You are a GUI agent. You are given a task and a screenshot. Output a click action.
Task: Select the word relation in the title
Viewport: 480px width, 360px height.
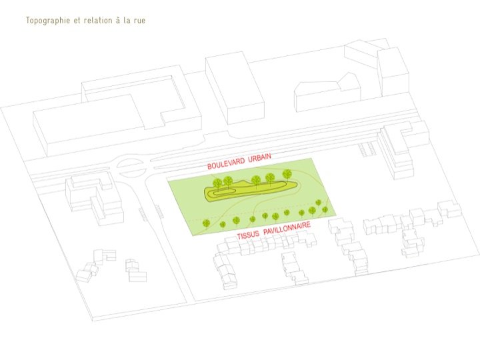(98, 20)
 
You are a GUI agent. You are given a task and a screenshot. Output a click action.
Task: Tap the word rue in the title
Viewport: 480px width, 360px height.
(139, 21)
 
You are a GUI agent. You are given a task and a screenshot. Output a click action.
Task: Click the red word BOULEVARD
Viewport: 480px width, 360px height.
(226, 163)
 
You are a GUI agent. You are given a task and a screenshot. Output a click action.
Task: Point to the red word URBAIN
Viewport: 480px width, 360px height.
(259, 158)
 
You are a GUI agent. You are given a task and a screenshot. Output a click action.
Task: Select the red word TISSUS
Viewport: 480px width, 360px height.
(248, 235)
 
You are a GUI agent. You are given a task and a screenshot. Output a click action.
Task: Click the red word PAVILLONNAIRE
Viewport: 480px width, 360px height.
(287, 229)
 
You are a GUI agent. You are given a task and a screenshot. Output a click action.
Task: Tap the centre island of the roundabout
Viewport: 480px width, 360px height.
(128, 167)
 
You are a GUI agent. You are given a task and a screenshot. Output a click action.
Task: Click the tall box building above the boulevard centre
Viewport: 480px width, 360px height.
(235, 88)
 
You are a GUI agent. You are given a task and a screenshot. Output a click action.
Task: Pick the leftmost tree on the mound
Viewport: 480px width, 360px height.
(217, 184)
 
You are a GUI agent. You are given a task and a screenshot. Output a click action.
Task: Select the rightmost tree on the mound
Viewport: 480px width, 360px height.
(287, 175)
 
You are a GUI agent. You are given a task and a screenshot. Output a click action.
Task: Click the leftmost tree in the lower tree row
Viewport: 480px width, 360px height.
(207, 223)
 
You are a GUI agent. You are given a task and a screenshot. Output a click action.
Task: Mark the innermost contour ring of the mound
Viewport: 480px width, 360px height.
(224, 193)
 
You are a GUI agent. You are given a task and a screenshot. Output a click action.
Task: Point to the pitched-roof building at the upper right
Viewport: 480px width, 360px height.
(327, 92)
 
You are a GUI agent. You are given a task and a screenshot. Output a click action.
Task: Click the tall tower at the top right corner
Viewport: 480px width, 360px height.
(393, 72)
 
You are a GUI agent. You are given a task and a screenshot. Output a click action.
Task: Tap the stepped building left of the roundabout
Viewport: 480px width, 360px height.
(94, 198)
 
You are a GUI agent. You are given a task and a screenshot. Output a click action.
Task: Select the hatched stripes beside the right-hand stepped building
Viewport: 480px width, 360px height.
(367, 150)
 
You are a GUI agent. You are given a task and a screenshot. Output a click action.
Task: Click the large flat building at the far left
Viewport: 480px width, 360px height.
(89, 125)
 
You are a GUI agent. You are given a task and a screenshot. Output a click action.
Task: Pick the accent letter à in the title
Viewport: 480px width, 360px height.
(118, 20)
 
